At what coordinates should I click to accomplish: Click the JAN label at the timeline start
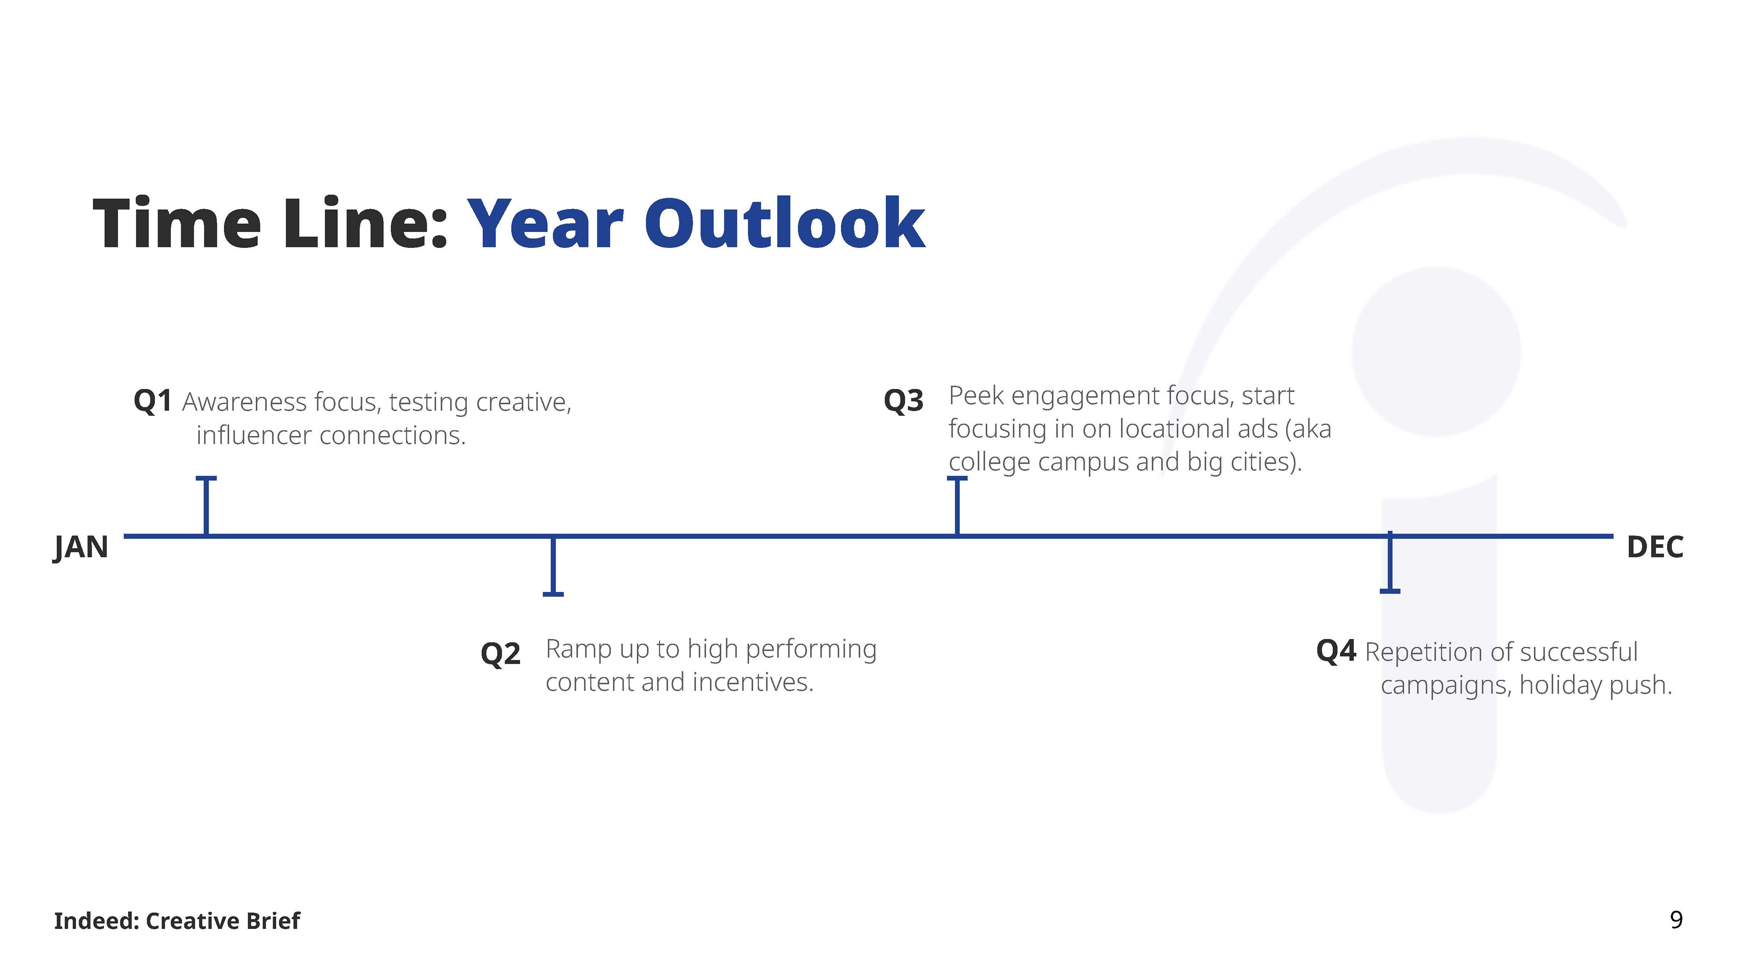coord(81,547)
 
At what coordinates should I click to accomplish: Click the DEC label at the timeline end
coord(1655,547)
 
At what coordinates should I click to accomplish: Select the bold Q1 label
coord(152,401)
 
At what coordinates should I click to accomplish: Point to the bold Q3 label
coord(904,400)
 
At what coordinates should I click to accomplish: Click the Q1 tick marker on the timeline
coord(206,506)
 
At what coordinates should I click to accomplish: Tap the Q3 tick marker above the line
coord(957,506)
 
